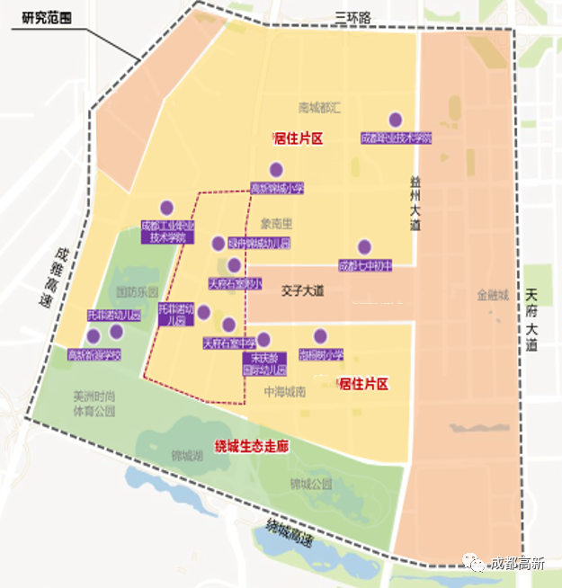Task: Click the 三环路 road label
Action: pyautogui.click(x=352, y=16)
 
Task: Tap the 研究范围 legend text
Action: pyautogui.click(x=40, y=16)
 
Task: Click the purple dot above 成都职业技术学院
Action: pyautogui.click(x=395, y=120)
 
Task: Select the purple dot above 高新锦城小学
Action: pyautogui.click(x=276, y=169)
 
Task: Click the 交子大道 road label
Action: pyautogui.click(x=301, y=291)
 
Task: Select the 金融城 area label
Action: pyautogui.click(x=493, y=295)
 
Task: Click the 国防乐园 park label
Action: pyautogui.click(x=137, y=292)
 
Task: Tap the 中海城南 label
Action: pyautogui.click(x=285, y=392)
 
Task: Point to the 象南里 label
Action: pyautogui.click(x=278, y=222)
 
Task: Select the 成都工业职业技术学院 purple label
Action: pyautogui.click(x=168, y=232)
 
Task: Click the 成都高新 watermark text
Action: pyautogui.click(x=516, y=564)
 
